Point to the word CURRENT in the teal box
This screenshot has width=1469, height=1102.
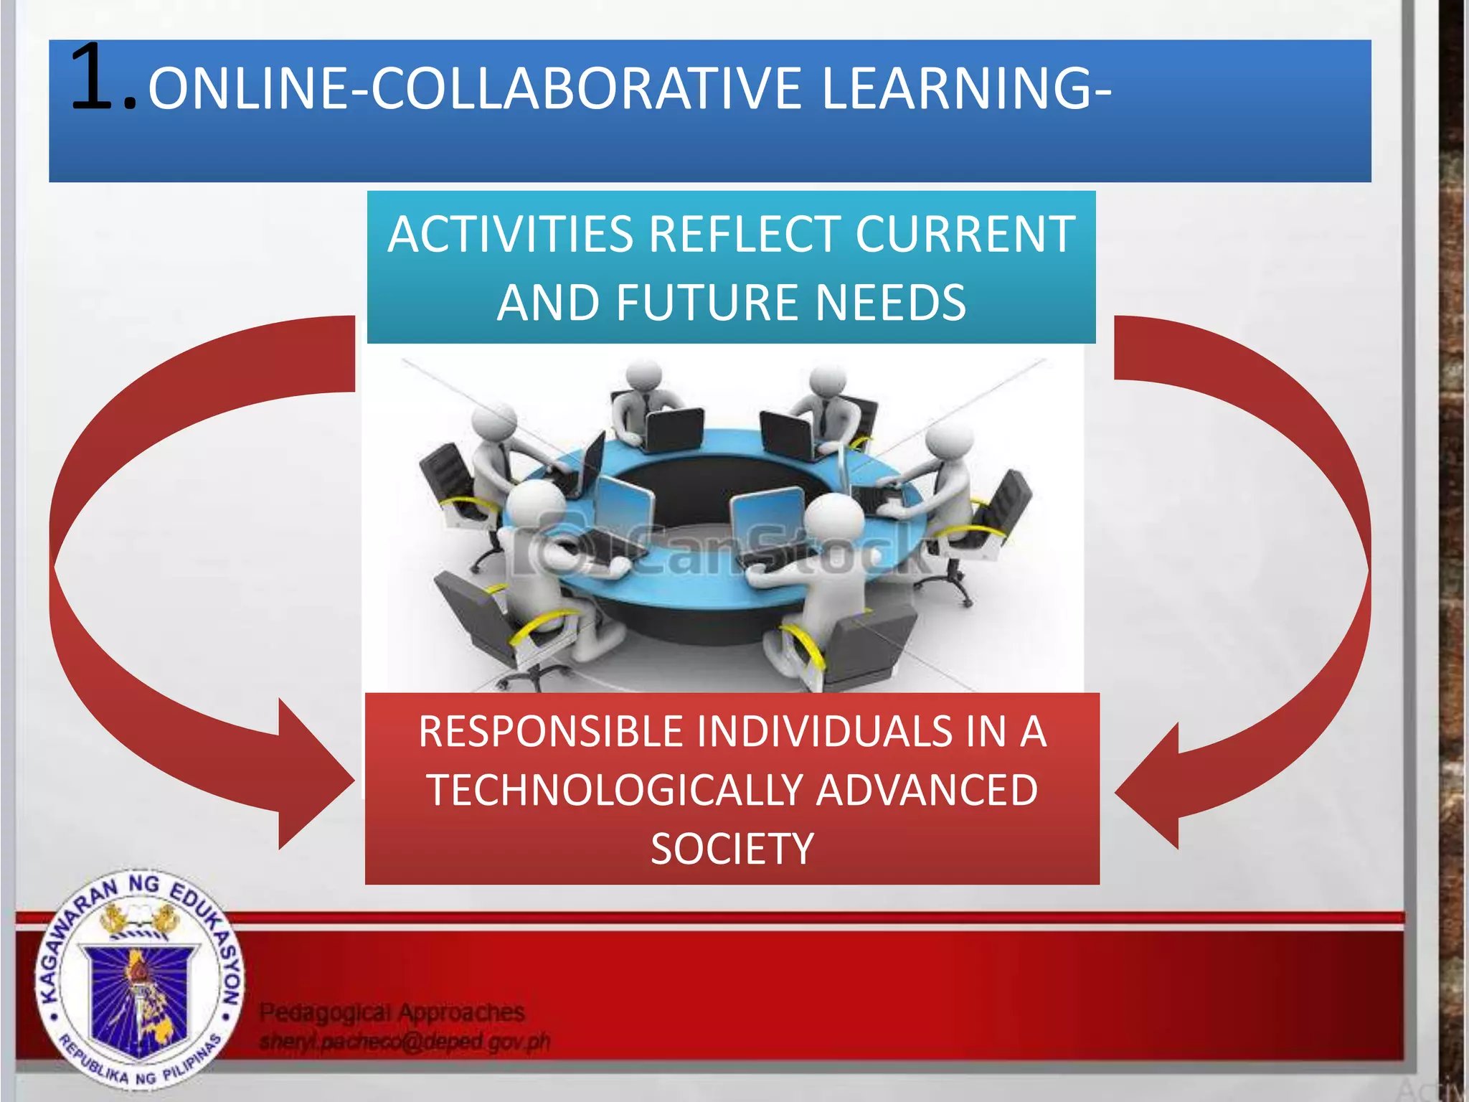coord(965,235)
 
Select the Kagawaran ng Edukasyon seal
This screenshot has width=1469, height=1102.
coord(139,980)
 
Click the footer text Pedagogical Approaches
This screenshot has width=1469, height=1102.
coord(392,1012)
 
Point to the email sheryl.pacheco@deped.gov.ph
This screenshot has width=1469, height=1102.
coord(405,1042)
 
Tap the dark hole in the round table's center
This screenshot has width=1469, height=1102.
coord(724,488)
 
